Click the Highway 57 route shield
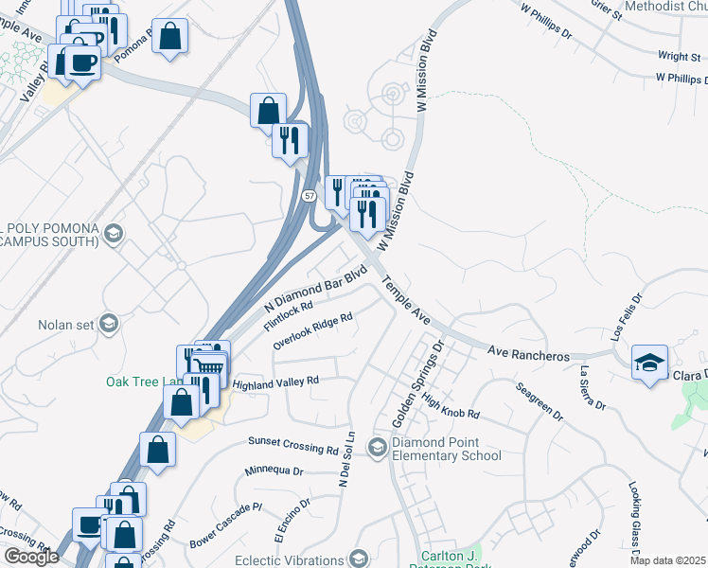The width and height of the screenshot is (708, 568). (310, 196)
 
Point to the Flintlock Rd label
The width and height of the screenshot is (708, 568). (289, 316)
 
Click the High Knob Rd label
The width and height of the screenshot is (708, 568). (451, 407)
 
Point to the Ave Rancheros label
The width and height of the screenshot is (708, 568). (528, 353)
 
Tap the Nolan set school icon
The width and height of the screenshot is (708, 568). (108, 325)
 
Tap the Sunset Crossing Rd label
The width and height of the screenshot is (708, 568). (292, 442)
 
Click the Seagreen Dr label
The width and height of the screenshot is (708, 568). (540, 401)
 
